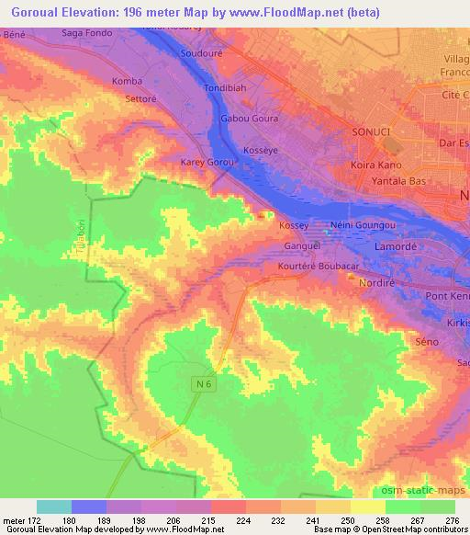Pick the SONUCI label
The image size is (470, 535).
[372, 132]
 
